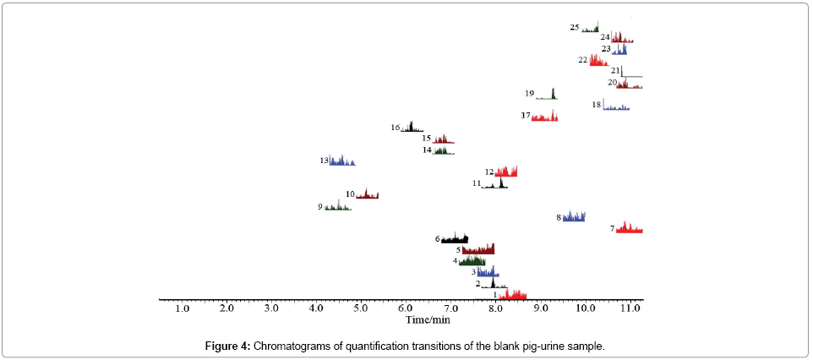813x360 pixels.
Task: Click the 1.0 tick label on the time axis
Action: (x=183, y=310)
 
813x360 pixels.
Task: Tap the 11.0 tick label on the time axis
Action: (x=630, y=310)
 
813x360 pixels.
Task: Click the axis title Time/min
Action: (x=428, y=320)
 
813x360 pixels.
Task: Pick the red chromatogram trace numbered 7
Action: (x=630, y=228)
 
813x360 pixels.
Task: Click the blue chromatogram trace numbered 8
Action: (x=574, y=217)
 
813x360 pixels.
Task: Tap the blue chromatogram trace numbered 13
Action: (x=342, y=161)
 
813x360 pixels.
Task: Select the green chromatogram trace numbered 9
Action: (x=337, y=206)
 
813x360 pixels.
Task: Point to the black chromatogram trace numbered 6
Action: (x=455, y=239)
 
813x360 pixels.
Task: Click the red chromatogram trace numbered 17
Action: (x=544, y=117)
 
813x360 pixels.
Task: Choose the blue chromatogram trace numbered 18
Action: (x=616, y=107)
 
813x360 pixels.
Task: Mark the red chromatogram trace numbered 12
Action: (x=506, y=172)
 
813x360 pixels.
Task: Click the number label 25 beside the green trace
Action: (x=575, y=28)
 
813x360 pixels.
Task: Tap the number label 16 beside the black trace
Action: (x=396, y=128)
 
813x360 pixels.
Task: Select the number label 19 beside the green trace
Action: (x=530, y=93)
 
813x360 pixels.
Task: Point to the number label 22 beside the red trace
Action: (x=583, y=60)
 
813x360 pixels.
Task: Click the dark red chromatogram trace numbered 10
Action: (x=367, y=195)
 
